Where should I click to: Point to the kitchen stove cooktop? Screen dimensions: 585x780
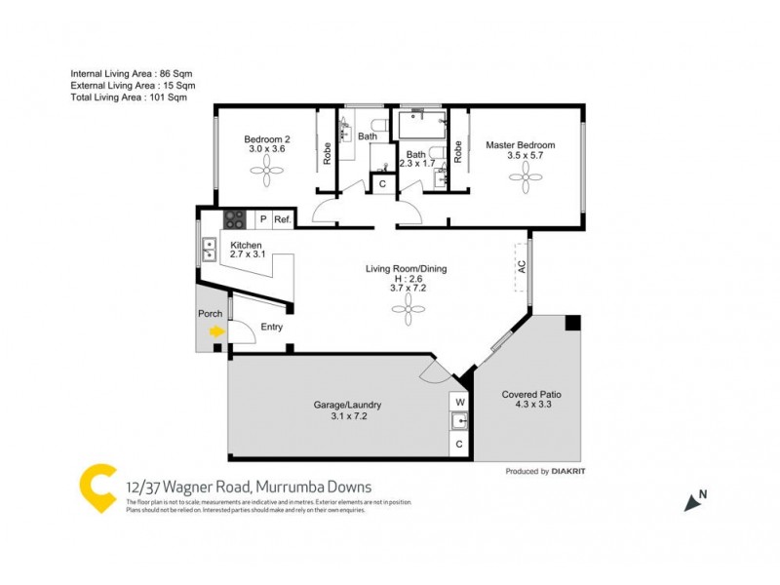pyautogui.click(x=235, y=220)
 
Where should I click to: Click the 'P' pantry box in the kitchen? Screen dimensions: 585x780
pyautogui.click(x=262, y=220)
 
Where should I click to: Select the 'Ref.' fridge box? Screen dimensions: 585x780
pyautogui.click(x=283, y=220)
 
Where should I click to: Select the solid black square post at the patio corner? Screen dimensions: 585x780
pyautogui.click(x=572, y=323)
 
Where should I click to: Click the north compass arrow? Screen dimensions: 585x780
pyautogui.click(x=694, y=502)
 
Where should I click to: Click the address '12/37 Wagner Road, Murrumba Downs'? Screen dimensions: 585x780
pyautogui.click(x=249, y=487)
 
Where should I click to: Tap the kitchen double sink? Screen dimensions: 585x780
pyautogui.click(x=208, y=251)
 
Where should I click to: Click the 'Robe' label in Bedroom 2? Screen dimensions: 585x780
pyautogui.click(x=327, y=154)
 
